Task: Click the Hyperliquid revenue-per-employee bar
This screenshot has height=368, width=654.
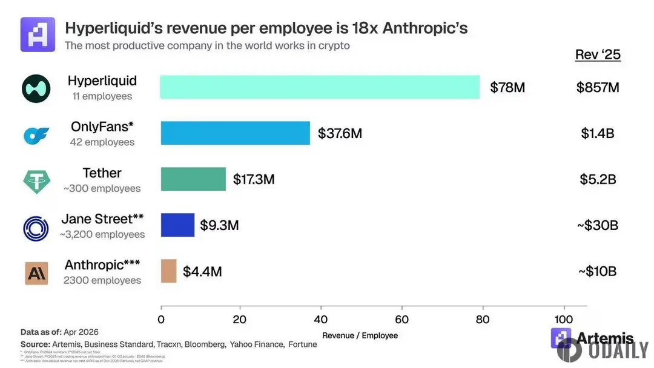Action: click(x=320, y=87)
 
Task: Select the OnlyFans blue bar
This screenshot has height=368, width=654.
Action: click(x=235, y=133)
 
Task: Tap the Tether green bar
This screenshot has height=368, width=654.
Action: click(x=193, y=179)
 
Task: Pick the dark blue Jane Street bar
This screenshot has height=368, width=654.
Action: click(x=177, y=225)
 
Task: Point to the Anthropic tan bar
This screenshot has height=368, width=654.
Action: click(x=168, y=271)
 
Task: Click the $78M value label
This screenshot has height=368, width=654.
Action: click(x=507, y=88)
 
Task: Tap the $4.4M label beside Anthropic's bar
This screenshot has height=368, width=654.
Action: click(x=202, y=271)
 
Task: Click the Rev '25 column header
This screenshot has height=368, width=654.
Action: click(x=598, y=54)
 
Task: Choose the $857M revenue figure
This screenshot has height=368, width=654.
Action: click(x=598, y=88)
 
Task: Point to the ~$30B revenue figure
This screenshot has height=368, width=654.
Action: click(x=597, y=225)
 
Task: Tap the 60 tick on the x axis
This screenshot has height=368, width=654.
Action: click(x=402, y=320)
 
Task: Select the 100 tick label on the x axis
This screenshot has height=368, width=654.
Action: click(x=563, y=320)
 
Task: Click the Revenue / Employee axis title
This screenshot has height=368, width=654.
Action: click(x=360, y=335)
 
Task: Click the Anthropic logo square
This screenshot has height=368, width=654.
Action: click(x=37, y=273)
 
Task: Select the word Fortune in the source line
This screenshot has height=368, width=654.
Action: click(x=303, y=344)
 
